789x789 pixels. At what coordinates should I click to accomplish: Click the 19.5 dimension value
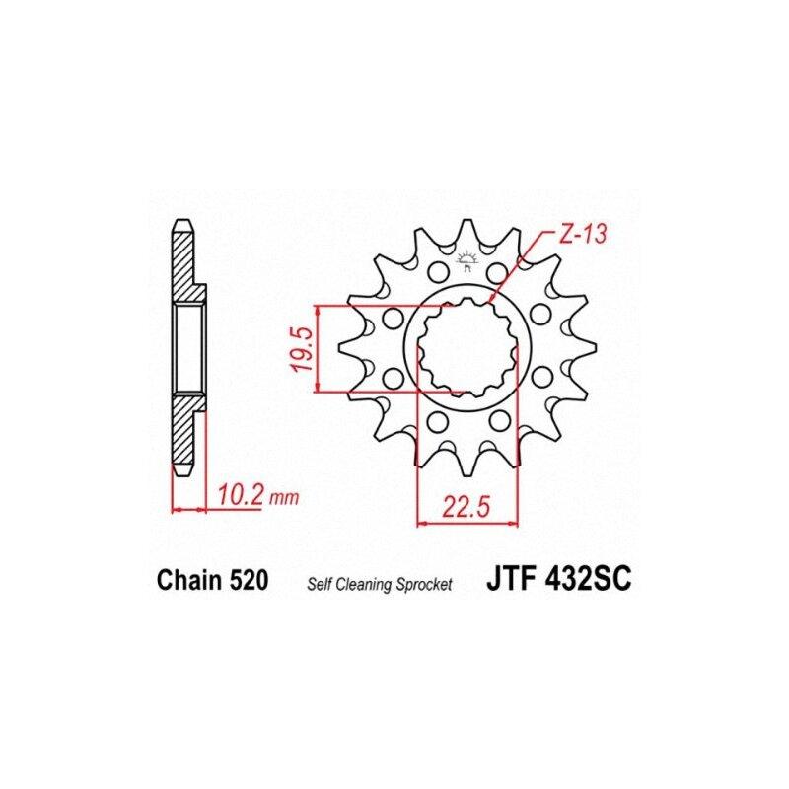[x=305, y=349]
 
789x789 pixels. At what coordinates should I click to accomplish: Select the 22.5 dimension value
[x=466, y=507]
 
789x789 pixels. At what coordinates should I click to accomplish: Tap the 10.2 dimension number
[x=240, y=496]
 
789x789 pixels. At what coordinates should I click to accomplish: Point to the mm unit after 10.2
[x=284, y=499]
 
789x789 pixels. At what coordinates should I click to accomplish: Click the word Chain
[x=189, y=580]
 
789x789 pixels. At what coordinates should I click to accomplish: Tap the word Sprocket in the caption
[x=424, y=585]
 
